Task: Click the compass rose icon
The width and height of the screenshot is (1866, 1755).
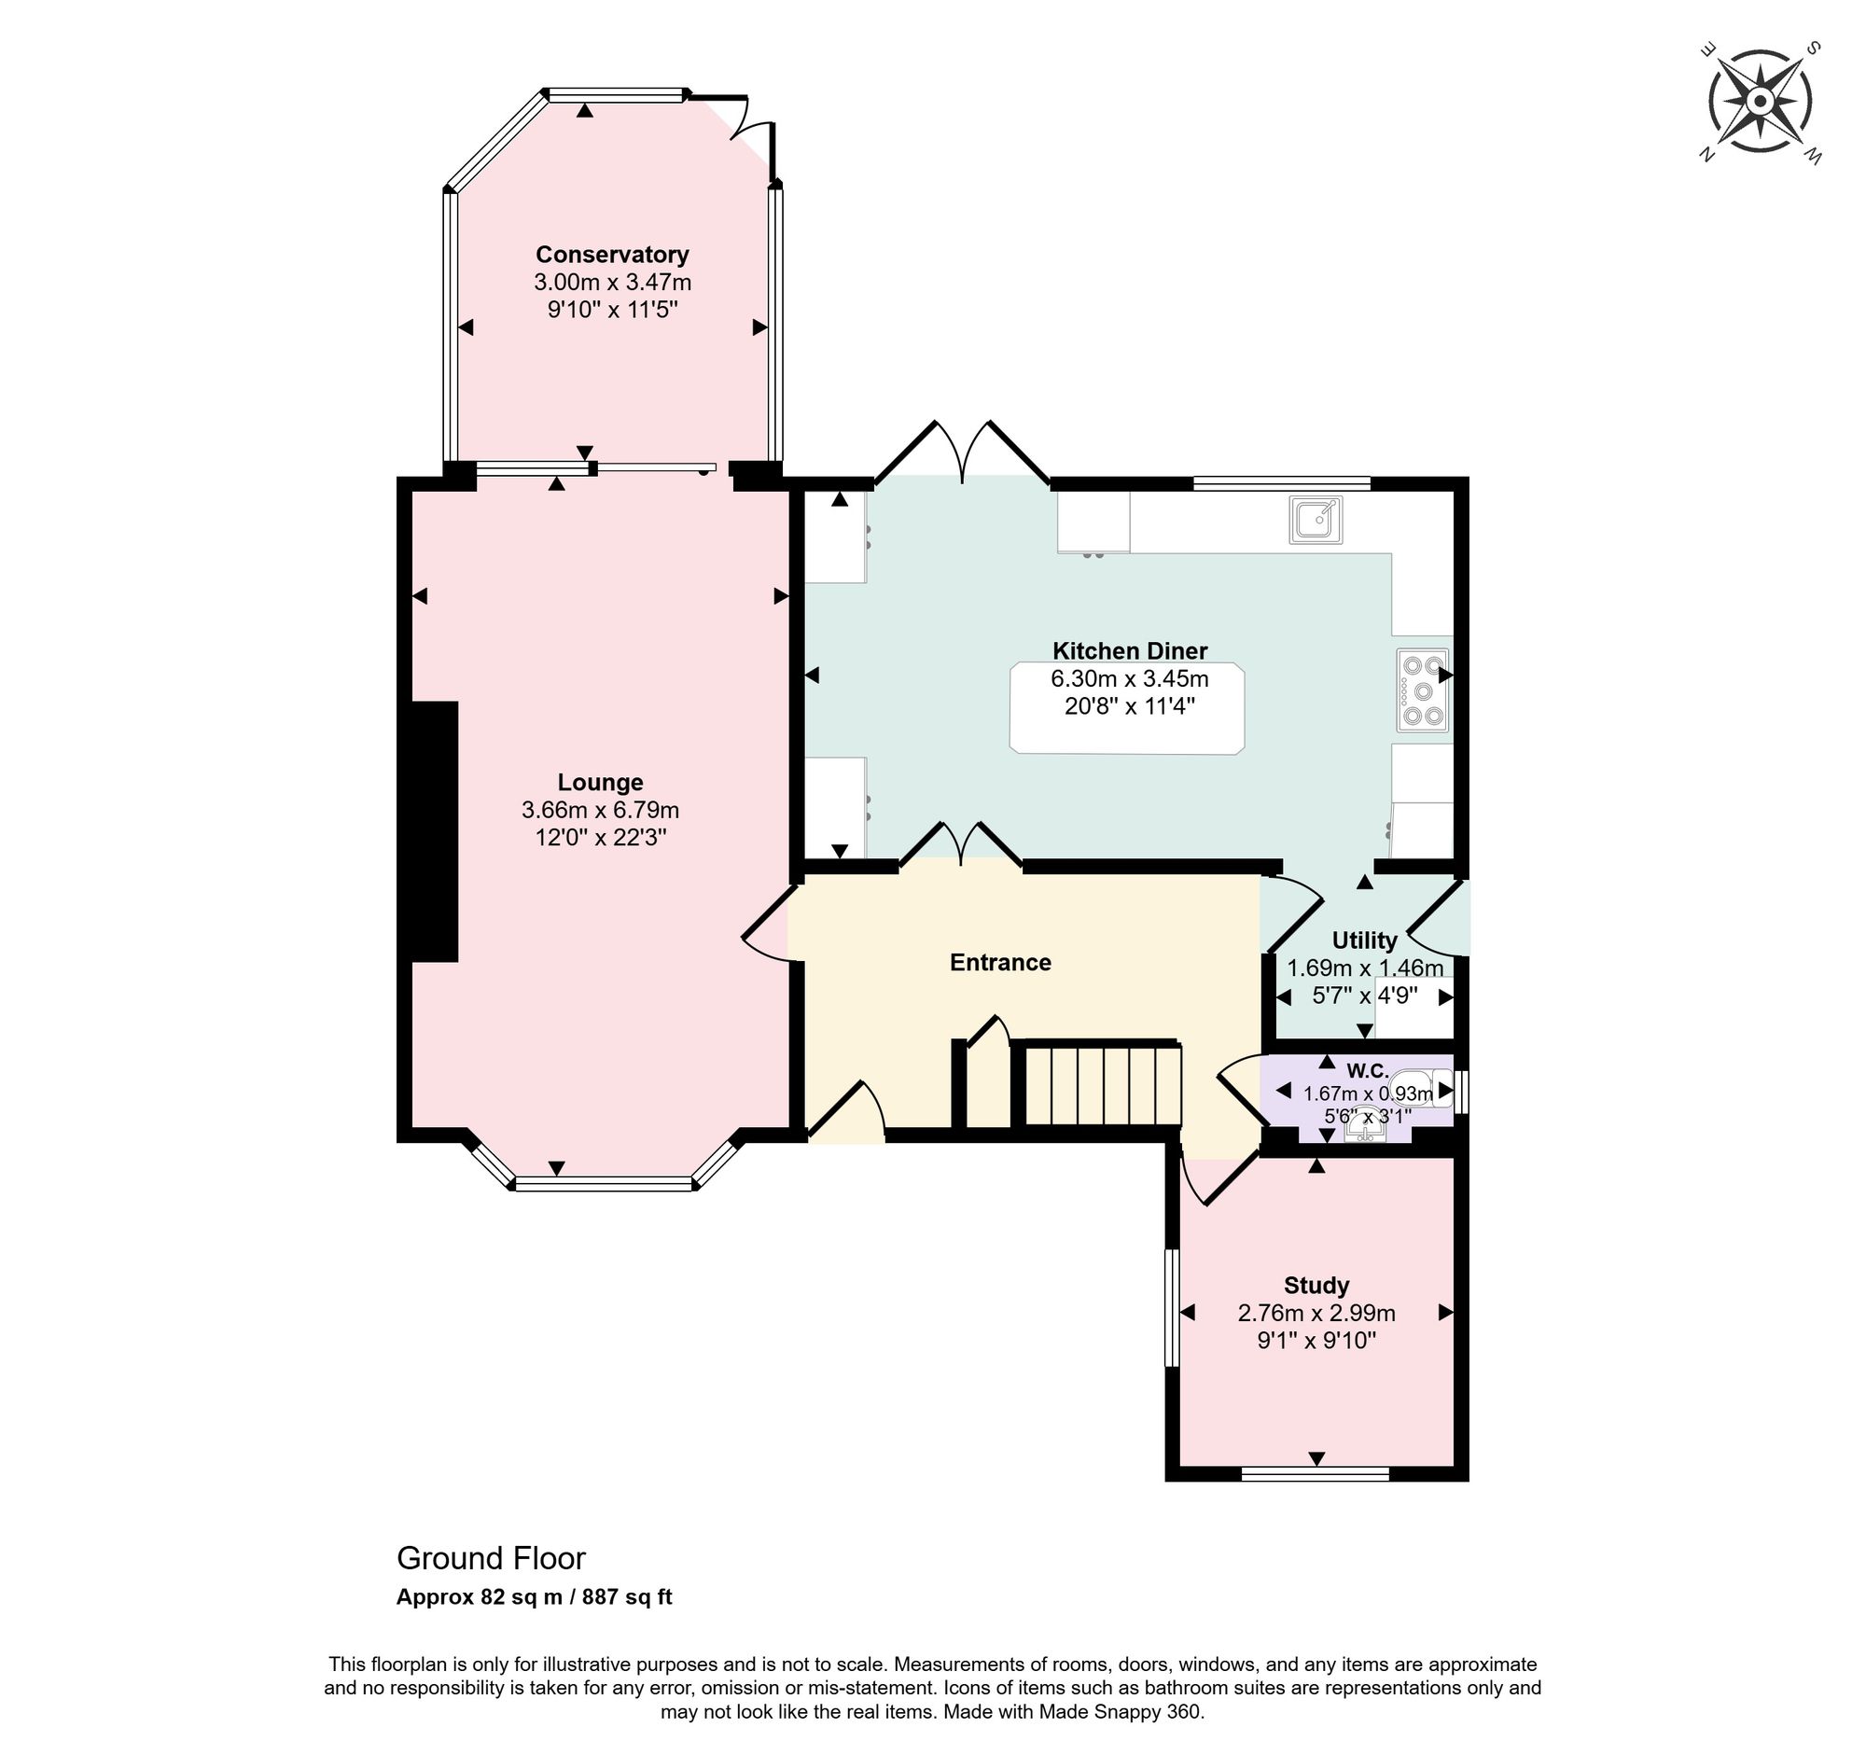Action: tap(1760, 102)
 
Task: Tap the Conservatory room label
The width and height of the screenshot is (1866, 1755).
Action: tap(612, 255)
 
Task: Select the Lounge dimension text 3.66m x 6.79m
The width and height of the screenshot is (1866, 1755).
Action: tap(600, 810)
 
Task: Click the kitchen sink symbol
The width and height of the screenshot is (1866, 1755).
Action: tap(1316, 520)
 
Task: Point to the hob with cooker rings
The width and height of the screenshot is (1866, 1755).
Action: tap(1422, 690)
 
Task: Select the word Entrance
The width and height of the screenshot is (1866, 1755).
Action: tap(999, 962)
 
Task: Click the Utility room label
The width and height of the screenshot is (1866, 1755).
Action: tap(1364, 940)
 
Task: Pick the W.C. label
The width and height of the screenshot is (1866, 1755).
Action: tap(1367, 1071)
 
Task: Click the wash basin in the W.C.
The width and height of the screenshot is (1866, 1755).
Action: tap(1365, 1123)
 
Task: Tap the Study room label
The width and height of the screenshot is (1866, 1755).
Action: tap(1316, 1286)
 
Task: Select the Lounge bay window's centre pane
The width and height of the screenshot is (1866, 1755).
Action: tap(604, 1184)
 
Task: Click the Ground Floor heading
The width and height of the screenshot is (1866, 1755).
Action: tap(491, 1559)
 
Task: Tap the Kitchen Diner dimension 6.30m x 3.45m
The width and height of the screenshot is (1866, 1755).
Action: tap(1129, 678)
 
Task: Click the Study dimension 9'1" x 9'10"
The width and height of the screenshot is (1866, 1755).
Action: tap(1316, 1340)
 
